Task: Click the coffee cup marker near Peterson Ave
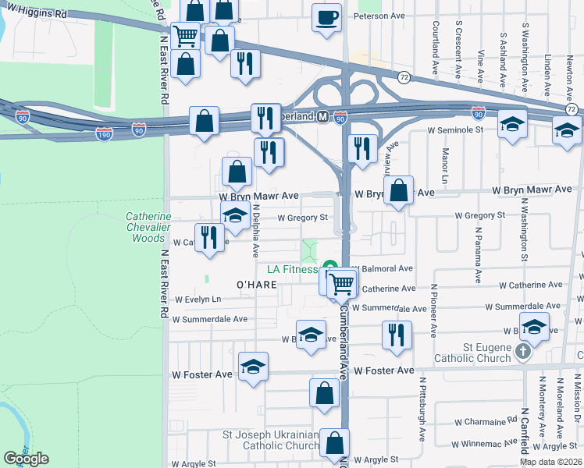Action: point(326,17)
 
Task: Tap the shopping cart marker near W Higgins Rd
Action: point(185,36)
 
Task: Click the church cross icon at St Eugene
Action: point(524,353)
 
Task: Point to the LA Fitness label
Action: point(292,269)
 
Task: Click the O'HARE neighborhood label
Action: point(252,285)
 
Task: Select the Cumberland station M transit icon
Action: point(322,116)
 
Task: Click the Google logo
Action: point(26,459)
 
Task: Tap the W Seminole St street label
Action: point(454,129)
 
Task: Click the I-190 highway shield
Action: point(105,134)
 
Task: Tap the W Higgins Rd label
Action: point(34,14)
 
